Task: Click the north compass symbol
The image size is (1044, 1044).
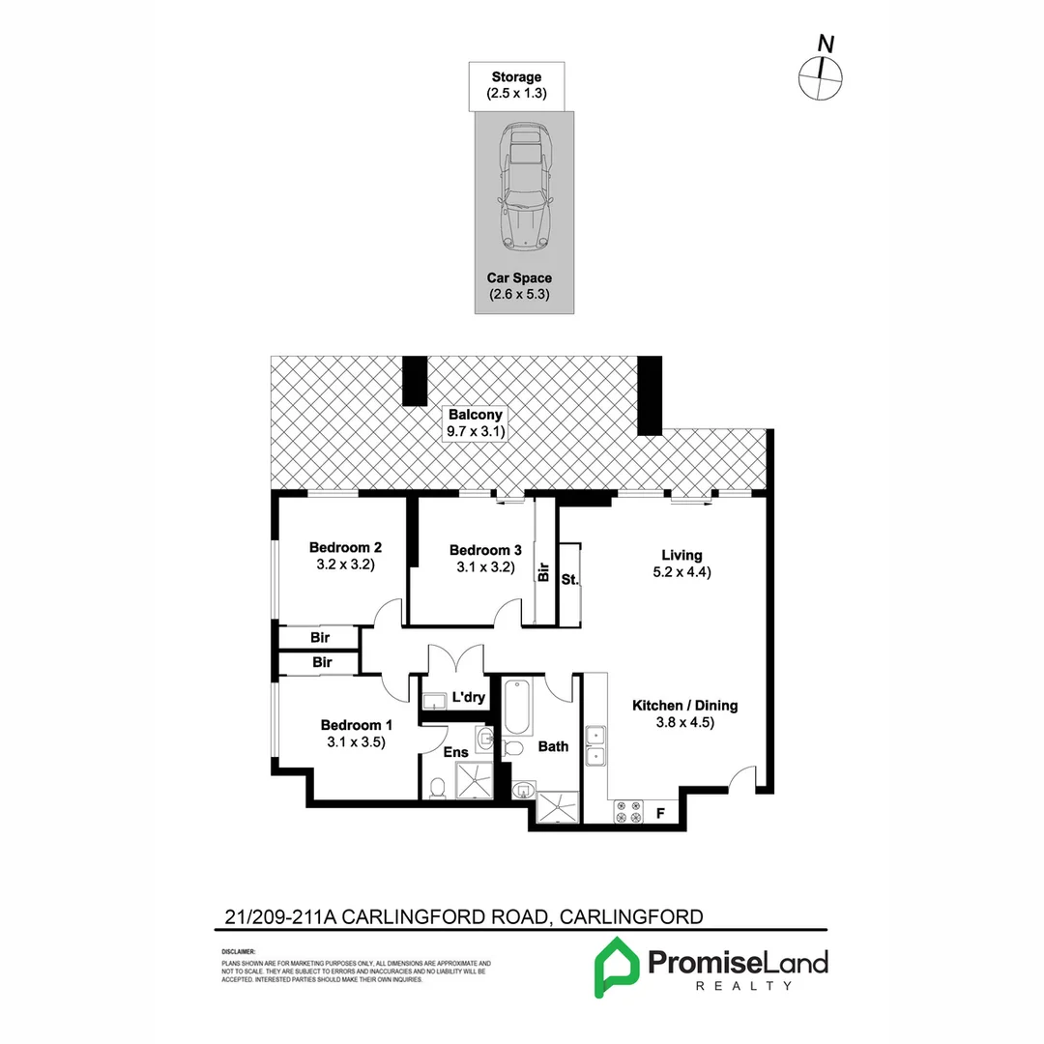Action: coord(822,75)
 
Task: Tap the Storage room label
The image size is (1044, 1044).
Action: coord(516,77)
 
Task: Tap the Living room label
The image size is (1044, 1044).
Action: coord(681,555)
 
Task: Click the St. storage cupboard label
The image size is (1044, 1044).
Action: coord(568,580)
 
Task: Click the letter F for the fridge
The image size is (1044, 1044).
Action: coord(660,814)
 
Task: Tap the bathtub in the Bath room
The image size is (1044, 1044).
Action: coord(514,710)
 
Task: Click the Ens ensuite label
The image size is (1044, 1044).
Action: coord(455,752)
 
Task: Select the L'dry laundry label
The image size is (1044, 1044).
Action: coord(468,697)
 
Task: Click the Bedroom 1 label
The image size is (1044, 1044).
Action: coord(357,725)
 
